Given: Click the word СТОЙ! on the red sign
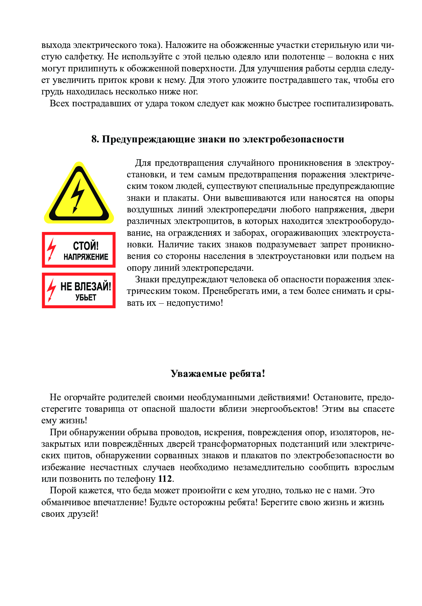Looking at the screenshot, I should (85, 245).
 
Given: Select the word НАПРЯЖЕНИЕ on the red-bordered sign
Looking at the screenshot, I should (86, 257).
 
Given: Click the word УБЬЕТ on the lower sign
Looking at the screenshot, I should (86, 298).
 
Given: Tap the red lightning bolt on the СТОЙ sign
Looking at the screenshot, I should (52, 249).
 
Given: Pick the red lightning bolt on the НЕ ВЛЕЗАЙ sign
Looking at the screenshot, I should (52, 290).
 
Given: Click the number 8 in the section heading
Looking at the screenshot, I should (94, 139).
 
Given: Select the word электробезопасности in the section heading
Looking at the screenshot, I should (293, 139).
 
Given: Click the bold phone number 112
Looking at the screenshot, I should (165, 479).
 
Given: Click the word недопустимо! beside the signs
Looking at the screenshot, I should (195, 303).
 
